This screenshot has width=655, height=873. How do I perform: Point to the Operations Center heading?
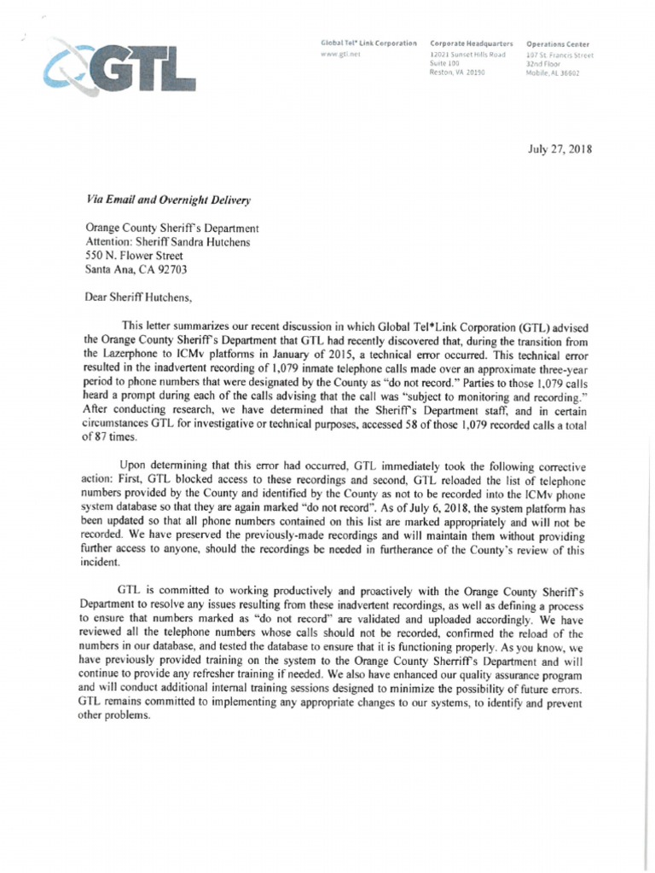tap(559, 43)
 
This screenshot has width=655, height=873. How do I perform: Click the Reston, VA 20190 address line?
tap(457, 73)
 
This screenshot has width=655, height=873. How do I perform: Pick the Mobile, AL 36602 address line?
tap(554, 73)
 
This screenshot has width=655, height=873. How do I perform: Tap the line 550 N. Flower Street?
tap(134, 255)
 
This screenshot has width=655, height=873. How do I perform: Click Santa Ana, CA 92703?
tap(135, 269)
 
